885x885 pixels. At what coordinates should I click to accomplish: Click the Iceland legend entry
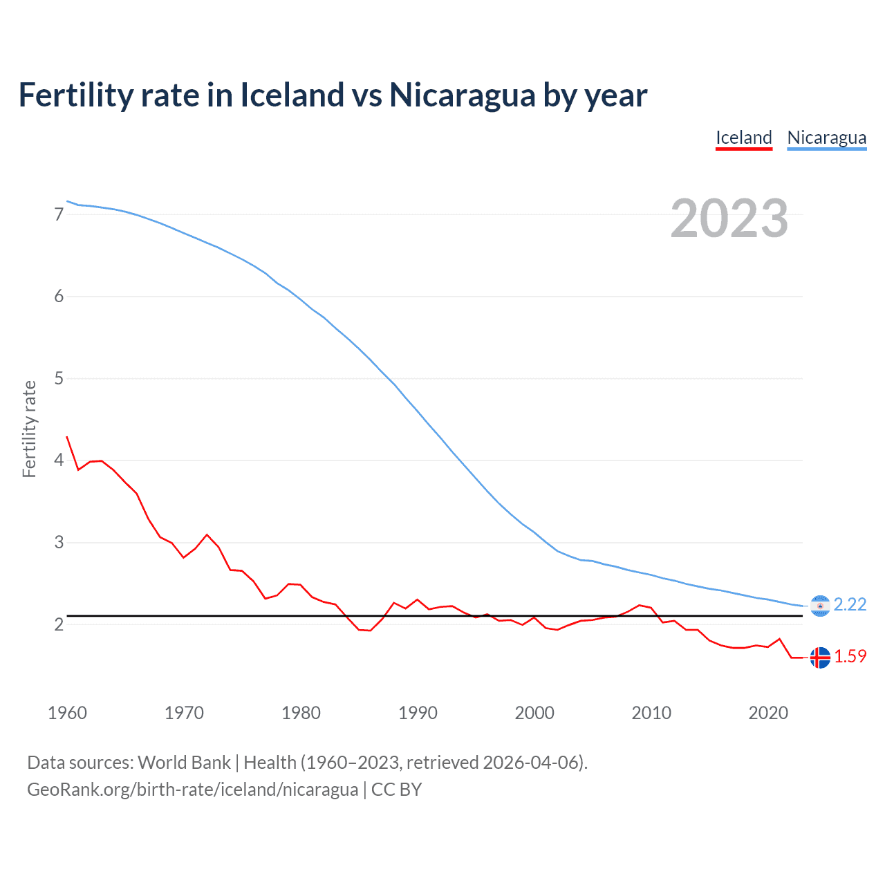tap(743, 138)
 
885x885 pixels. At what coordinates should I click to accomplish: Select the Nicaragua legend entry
tap(826, 138)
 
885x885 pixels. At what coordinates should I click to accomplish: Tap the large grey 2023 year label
tap(729, 218)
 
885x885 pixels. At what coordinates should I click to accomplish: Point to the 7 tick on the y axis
tap(59, 214)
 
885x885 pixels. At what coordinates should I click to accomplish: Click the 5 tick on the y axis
tap(59, 378)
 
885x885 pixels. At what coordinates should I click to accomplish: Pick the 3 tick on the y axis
tap(59, 542)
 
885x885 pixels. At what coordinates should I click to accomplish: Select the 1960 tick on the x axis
tap(67, 713)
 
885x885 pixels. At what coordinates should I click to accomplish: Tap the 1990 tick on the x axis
tap(418, 713)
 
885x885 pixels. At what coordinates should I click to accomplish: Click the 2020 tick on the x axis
tap(768, 713)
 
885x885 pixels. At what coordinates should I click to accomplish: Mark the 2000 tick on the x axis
tap(534, 713)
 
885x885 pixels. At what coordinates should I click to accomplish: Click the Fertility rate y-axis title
tap(29, 429)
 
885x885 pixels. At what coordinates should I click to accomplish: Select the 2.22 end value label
tap(850, 604)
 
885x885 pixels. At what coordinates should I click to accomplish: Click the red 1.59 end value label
tap(850, 656)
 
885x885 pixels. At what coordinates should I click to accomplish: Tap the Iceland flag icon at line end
tap(820, 658)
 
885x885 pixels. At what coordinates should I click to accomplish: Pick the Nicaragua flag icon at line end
tap(820, 606)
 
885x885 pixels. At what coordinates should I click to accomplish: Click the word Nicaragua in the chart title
tap(462, 95)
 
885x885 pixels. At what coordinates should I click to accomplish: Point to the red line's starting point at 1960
tap(67, 437)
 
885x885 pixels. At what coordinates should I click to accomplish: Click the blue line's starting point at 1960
tap(67, 201)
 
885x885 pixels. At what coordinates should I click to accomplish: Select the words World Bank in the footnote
tap(184, 763)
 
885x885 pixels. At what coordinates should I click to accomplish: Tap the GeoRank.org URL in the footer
tap(192, 790)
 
